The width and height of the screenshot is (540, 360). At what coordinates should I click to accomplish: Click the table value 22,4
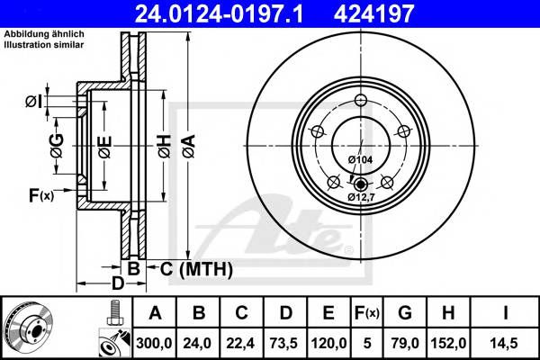240,343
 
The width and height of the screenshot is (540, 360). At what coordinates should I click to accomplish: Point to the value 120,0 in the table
328,343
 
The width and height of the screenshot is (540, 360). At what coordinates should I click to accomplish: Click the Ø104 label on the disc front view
359,159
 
